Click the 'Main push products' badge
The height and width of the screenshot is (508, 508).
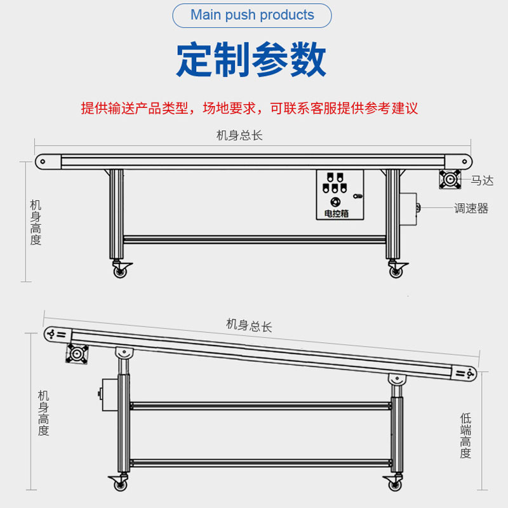pyautogui.click(x=252, y=15)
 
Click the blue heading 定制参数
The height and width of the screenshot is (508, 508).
pyautogui.click(x=251, y=60)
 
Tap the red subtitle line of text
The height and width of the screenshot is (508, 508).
pyautogui.click(x=250, y=108)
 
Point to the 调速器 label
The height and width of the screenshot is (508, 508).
pyautogui.click(x=471, y=208)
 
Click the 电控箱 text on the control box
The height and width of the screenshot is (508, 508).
pyautogui.click(x=337, y=214)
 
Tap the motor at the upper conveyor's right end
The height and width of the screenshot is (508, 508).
pyautogui.click(x=450, y=180)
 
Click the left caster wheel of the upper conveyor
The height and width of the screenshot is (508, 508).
pyautogui.click(x=119, y=271)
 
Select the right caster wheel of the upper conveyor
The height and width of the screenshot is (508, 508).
pyautogui.click(x=396, y=271)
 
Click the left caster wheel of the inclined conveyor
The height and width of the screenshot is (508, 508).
pyautogui.click(x=119, y=485)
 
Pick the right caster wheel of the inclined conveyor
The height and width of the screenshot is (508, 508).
pyautogui.click(x=394, y=485)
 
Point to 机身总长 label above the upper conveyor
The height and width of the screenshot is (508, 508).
pyautogui.click(x=239, y=135)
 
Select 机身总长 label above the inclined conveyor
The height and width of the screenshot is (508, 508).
pyautogui.click(x=249, y=326)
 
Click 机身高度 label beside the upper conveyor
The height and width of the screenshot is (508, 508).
pyautogui.click(x=36, y=222)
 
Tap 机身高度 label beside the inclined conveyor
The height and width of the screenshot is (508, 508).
pyautogui.click(x=43, y=413)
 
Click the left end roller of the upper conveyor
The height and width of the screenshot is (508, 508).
pyautogui.click(x=43, y=161)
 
